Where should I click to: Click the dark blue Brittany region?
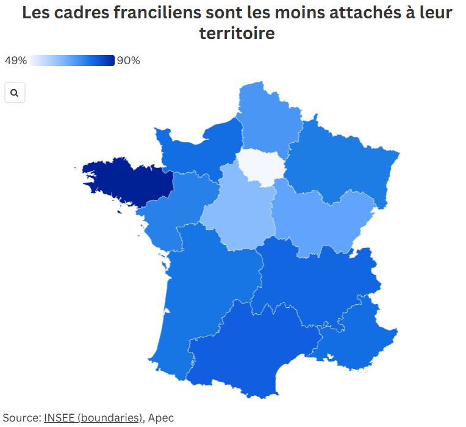(x=128, y=181)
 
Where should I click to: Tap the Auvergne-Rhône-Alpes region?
(x=311, y=281)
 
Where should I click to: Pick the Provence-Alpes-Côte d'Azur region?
(x=360, y=336)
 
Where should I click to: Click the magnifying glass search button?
(x=15, y=93)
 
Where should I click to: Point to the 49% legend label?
(x=15, y=60)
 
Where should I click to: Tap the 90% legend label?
(x=129, y=60)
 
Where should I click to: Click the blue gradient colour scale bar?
(x=72, y=60)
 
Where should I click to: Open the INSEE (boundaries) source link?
(x=93, y=418)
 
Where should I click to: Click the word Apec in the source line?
(x=161, y=418)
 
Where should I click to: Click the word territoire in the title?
(x=237, y=34)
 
